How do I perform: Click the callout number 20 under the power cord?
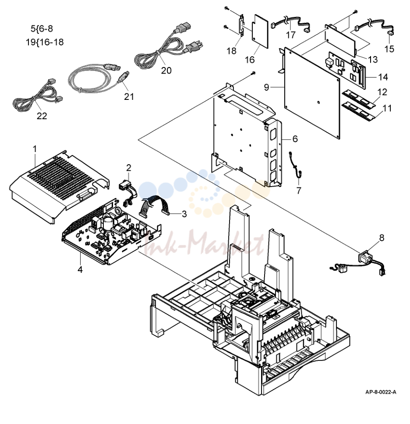[x=166, y=71]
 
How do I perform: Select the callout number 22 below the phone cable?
[x=42, y=116]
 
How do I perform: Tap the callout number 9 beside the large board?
[x=267, y=87]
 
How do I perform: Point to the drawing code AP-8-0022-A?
[x=381, y=392]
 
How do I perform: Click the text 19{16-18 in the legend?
[x=45, y=42]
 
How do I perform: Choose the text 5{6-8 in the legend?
[x=42, y=28]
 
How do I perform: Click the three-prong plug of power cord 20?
[x=193, y=46]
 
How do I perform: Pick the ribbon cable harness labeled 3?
[x=153, y=207]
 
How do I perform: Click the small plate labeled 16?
[x=260, y=32]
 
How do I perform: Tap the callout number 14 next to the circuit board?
[x=383, y=77]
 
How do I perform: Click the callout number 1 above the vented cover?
[x=35, y=148]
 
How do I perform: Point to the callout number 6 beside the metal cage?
[x=295, y=139]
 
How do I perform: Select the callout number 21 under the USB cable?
[x=129, y=96]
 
